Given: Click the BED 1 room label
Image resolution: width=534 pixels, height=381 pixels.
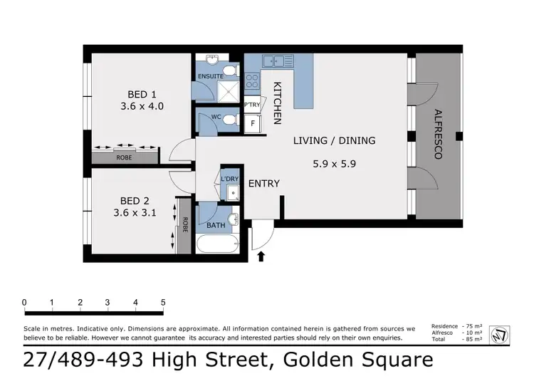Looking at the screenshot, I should coord(138,95).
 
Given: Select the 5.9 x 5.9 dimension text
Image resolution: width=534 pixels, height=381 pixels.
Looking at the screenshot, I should coord(334,163).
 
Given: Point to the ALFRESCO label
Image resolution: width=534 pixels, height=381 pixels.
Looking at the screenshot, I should coord(438,133).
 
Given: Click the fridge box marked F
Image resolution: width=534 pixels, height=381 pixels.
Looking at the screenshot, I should coord(251,124).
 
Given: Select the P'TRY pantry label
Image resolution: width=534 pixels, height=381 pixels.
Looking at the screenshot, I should coord(252,105).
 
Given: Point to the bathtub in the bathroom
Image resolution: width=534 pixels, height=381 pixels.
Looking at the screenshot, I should coord(217,244).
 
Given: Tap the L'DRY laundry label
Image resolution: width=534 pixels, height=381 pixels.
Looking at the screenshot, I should coord(229,179).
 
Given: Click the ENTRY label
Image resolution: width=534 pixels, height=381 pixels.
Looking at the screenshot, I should coord(263,184).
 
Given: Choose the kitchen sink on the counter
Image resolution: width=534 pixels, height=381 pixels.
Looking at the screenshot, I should coord(273,61).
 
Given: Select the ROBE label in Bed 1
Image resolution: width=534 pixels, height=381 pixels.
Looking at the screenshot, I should coord(125,157).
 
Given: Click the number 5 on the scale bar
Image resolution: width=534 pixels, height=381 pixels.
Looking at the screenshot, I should coord(164,302).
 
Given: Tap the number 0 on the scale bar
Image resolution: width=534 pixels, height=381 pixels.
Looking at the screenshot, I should coord(24,302).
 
